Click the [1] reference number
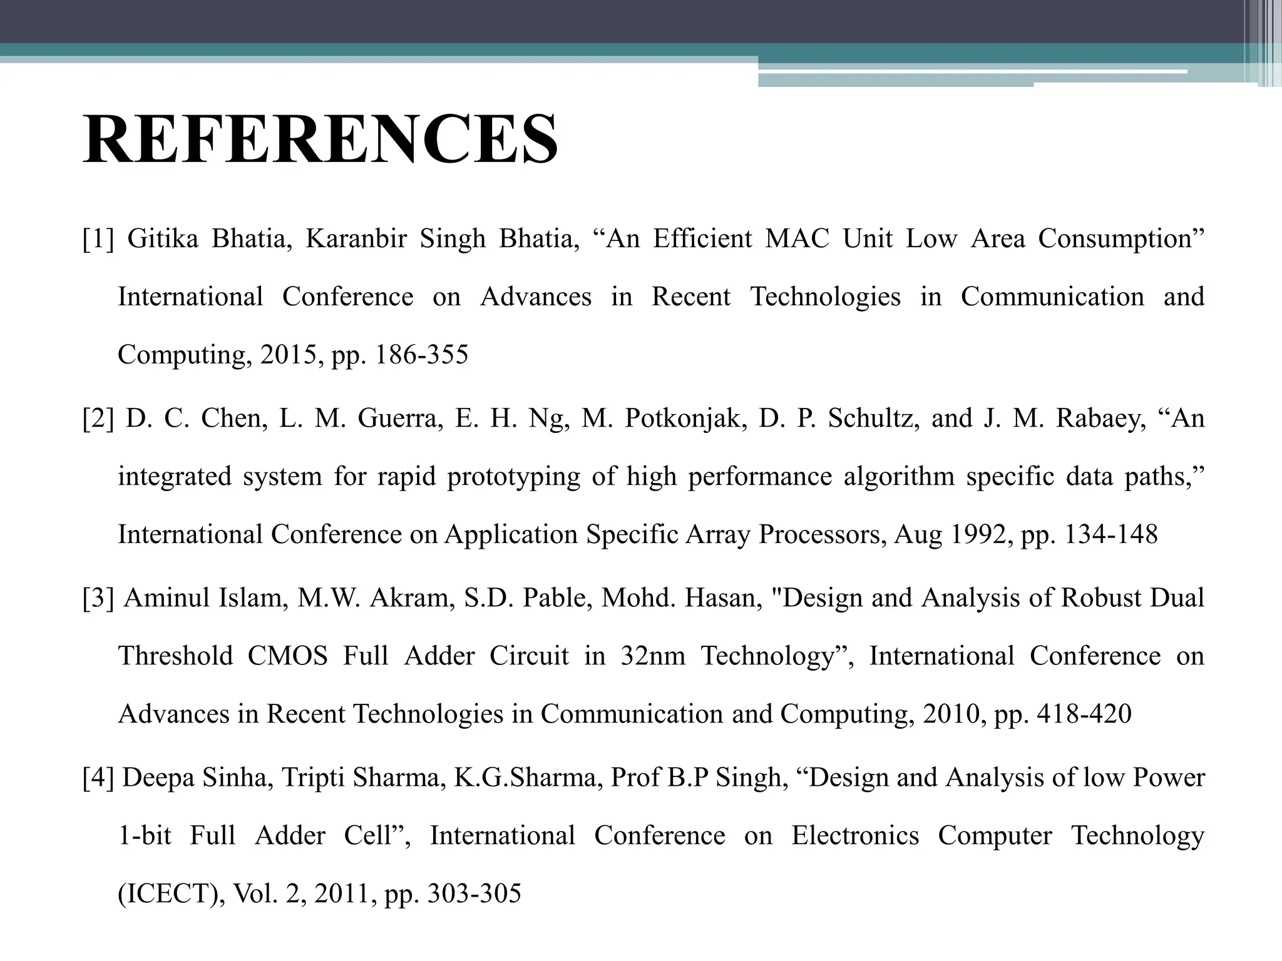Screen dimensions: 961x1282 (98, 239)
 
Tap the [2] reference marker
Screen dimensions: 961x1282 (98, 419)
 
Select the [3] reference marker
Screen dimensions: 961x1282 (98, 598)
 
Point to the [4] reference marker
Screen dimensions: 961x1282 (98, 778)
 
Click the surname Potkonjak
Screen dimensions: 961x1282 (687, 419)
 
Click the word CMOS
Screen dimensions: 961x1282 (287, 656)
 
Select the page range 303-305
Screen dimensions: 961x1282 (474, 893)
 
